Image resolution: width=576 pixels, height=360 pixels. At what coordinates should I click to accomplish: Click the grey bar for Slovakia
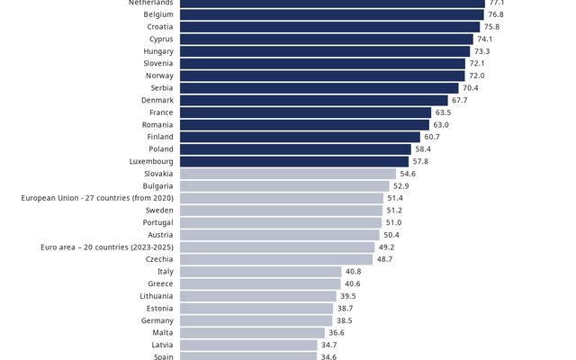pyautogui.click(x=287, y=174)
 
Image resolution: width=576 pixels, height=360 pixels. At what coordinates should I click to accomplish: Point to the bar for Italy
pyautogui.click(x=260, y=271)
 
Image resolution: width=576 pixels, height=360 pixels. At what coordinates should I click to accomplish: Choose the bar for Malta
pyautogui.click(x=252, y=332)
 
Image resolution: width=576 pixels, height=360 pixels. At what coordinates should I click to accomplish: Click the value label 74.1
pyautogui.click(x=484, y=39)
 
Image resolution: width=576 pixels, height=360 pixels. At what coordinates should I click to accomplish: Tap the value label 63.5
pyautogui.click(x=443, y=112)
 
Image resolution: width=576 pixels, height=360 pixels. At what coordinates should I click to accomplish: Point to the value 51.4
pyautogui.click(x=395, y=198)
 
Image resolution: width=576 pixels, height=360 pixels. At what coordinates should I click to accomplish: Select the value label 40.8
pyautogui.click(x=353, y=271)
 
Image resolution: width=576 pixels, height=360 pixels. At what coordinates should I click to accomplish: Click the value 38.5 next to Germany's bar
pyautogui.click(x=345, y=320)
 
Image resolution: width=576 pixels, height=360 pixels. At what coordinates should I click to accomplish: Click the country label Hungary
pyautogui.click(x=158, y=51)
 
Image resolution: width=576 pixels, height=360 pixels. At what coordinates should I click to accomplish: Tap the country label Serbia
pyautogui.click(x=161, y=88)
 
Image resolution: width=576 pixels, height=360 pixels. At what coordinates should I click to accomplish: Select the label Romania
pyautogui.click(x=157, y=124)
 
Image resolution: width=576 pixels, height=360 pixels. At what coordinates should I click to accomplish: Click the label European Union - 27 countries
pyautogui.click(x=97, y=198)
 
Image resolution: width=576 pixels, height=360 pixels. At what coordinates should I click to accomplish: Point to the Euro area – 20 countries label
pyautogui.click(x=107, y=247)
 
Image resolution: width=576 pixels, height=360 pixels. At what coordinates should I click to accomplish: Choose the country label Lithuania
pyautogui.click(x=157, y=295)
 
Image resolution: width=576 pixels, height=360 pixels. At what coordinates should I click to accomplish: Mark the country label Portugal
pyautogui.click(x=158, y=222)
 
